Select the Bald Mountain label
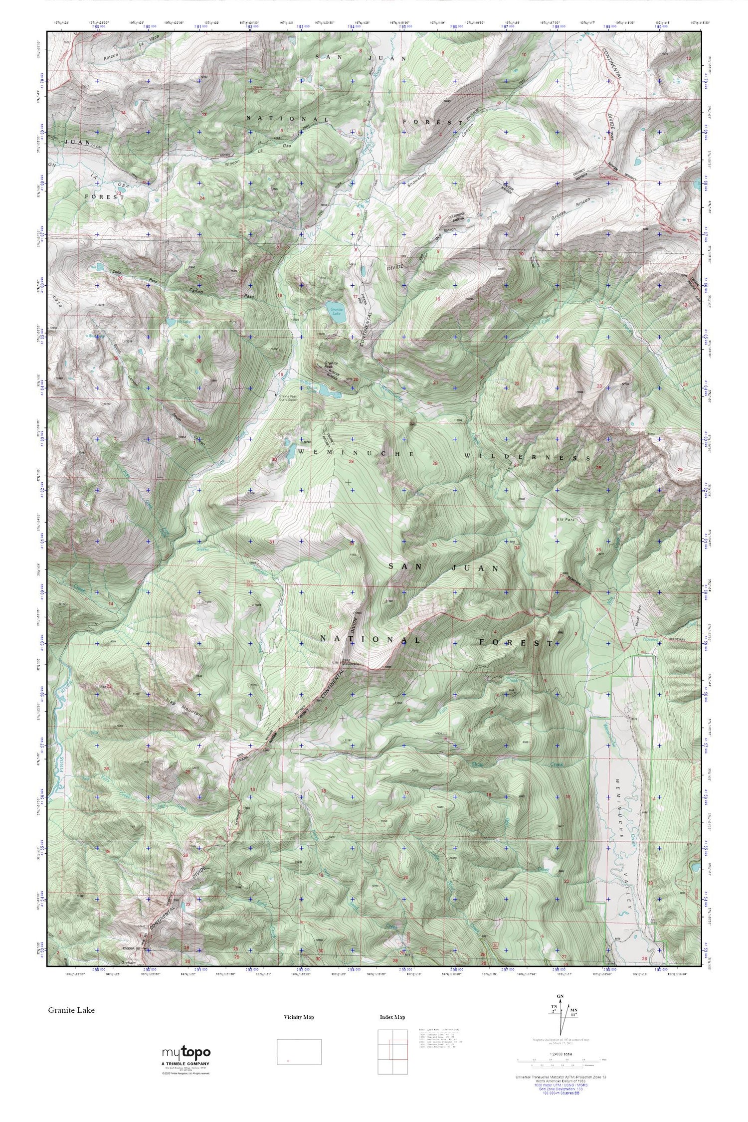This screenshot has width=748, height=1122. [352, 661]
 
